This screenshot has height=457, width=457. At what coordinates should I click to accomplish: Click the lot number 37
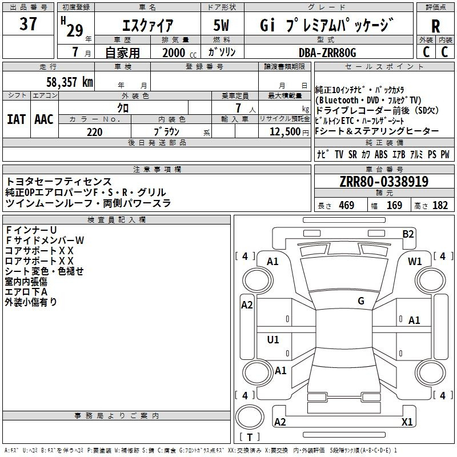[28, 23]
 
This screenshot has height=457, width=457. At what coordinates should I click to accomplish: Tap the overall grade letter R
[435, 26]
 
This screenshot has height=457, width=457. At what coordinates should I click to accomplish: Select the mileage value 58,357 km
[70, 82]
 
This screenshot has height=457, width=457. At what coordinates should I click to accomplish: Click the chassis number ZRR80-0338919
[384, 182]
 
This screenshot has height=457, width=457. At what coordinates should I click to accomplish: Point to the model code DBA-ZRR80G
[327, 53]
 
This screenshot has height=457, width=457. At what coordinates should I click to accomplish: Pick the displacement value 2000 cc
[179, 53]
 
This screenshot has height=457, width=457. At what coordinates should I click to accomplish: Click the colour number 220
[95, 132]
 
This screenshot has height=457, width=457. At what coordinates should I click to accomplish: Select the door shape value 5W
[221, 25]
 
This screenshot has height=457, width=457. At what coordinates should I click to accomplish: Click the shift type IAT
[16, 119]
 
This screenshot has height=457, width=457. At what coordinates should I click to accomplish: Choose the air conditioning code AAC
[44, 119]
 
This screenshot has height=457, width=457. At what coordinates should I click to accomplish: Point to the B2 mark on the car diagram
[408, 234]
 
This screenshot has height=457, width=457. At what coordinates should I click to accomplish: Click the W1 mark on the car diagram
[415, 261]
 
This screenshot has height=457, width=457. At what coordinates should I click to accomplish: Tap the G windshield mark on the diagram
[361, 300]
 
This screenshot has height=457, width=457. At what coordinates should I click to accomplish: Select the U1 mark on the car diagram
[273, 339]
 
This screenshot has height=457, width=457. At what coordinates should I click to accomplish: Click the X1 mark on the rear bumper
[407, 422]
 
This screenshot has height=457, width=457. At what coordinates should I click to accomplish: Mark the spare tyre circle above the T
[250, 417]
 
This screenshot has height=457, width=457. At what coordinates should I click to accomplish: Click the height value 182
[440, 205]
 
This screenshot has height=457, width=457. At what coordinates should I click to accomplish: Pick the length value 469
[347, 205]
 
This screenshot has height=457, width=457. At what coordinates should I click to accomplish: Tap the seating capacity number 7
[238, 108]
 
